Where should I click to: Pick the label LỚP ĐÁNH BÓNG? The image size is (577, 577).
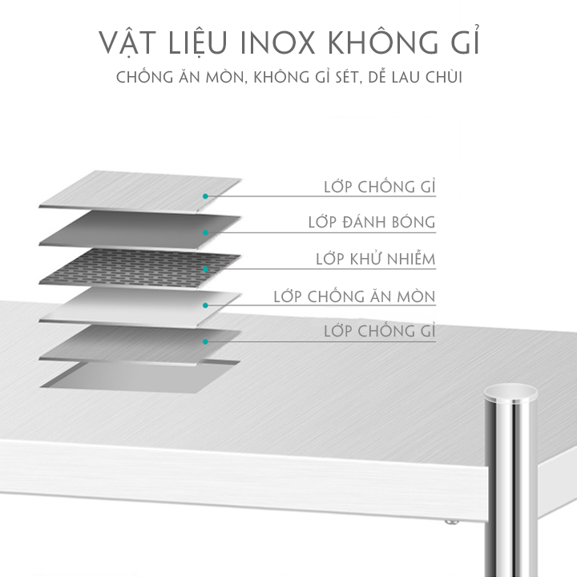tap(372, 222)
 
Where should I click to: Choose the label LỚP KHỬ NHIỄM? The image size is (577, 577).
tap(376, 259)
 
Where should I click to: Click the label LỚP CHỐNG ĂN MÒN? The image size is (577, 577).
tap(354, 297)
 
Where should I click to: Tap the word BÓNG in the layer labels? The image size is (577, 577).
tap(412, 222)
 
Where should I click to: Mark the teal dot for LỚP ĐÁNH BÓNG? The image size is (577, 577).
tap(206, 233)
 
